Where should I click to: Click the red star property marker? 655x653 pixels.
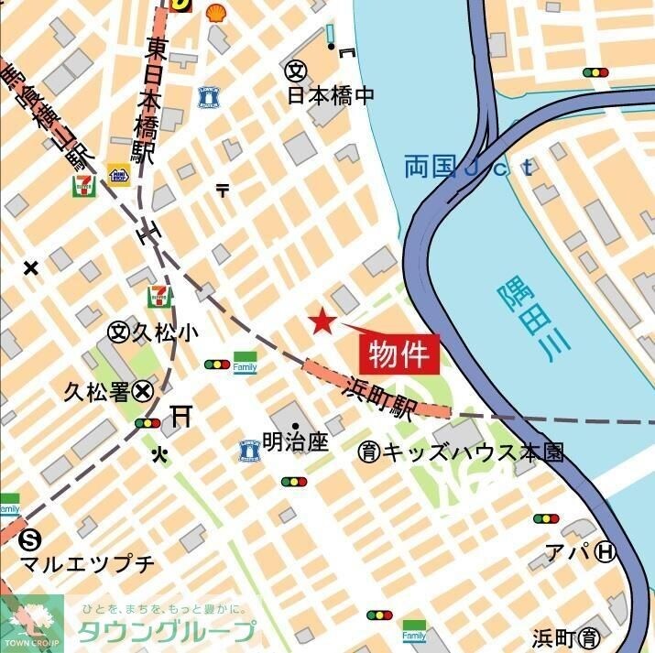pyautogui.click(x=322, y=321)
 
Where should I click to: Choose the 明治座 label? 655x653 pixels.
pyautogui.click(x=295, y=442)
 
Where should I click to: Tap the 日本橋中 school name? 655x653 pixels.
pyautogui.click(x=331, y=95)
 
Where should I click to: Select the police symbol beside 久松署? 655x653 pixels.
pyautogui.click(x=142, y=392)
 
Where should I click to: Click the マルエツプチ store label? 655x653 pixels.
pyautogui.click(x=88, y=563)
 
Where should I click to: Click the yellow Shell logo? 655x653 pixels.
pyautogui.click(x=216, y=11)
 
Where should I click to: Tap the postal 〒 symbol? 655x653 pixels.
pyautogui.click(x=223, y=190)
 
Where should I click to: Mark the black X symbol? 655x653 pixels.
pyautogui.click(x=31, y=268)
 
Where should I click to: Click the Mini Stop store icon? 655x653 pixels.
pyautogui.click(x=118, y=174)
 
